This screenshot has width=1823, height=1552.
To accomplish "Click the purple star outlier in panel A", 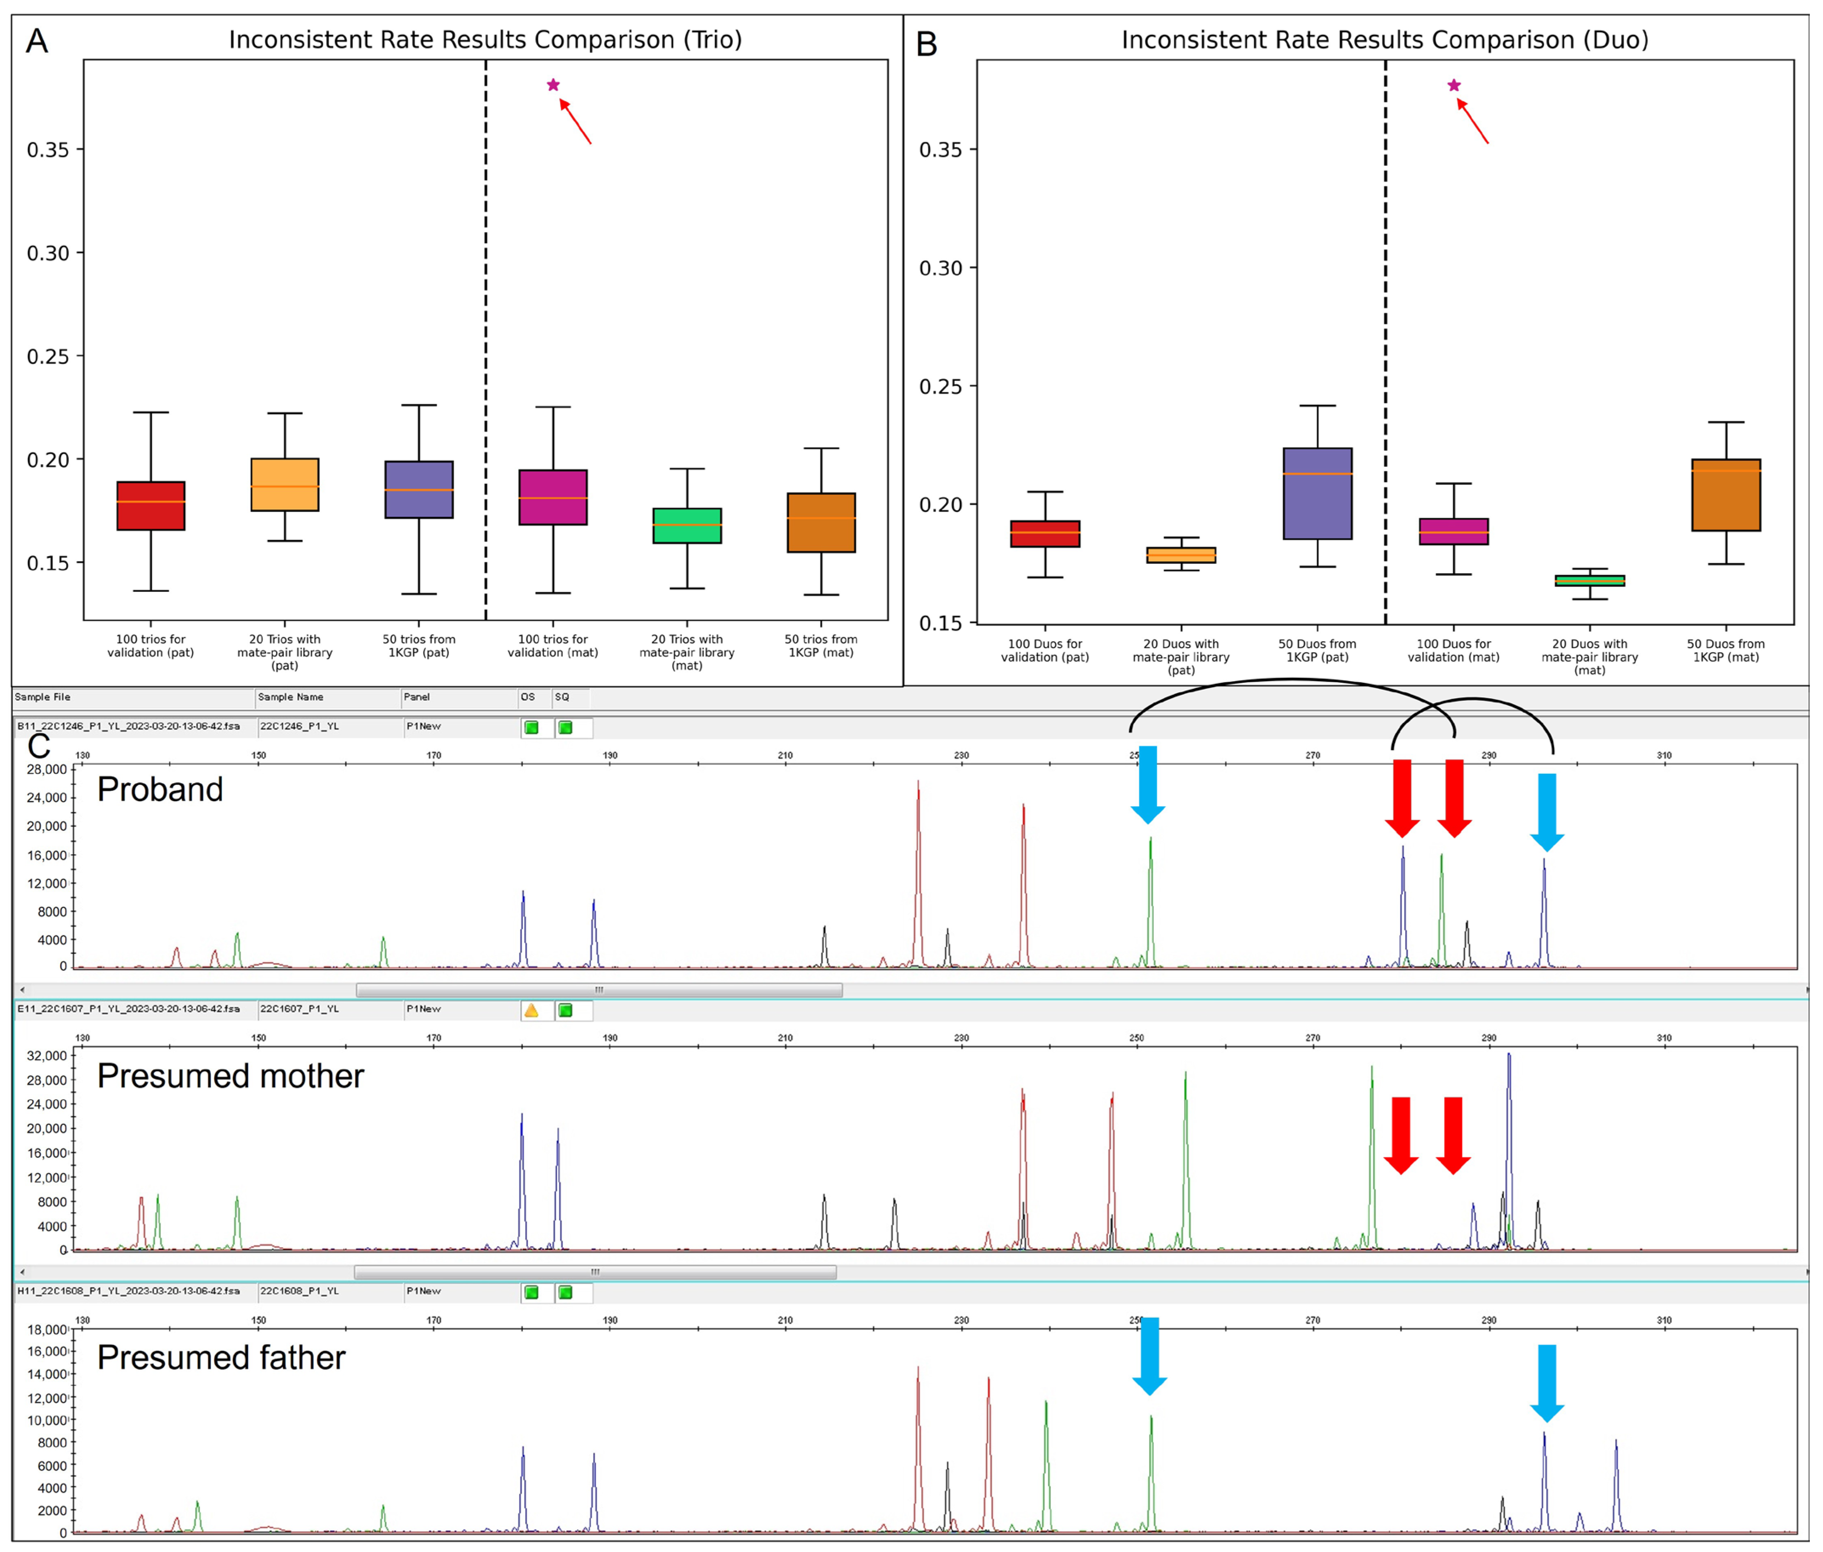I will [553, 85].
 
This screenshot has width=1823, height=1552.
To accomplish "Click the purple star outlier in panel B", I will [1454, 85].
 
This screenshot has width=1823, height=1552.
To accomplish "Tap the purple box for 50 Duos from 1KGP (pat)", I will [1317, 494].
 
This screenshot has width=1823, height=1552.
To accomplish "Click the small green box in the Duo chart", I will [1589, 581].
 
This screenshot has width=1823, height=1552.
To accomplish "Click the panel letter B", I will [926, 44].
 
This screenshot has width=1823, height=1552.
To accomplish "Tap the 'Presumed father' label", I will [221, 1358].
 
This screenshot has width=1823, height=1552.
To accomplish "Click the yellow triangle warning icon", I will [531, 1010].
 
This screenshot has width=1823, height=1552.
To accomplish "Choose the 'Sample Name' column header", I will [290, 697].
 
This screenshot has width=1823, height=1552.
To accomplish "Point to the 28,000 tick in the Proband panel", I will [46, 769].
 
